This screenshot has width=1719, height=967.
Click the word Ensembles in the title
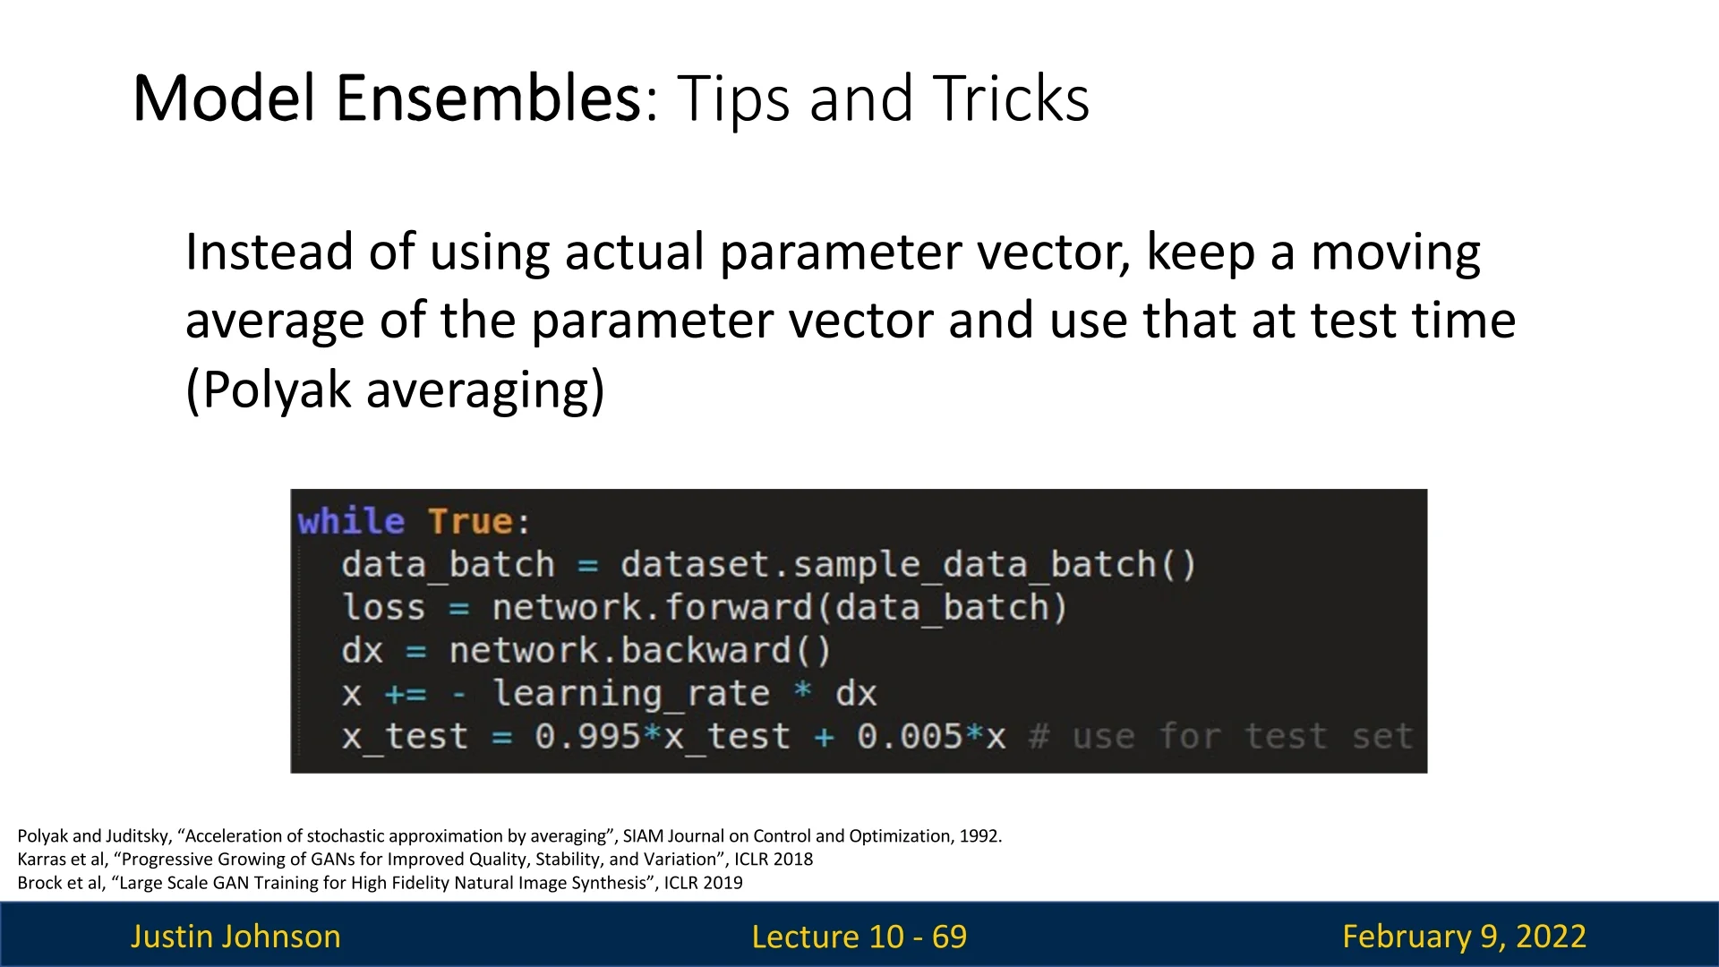pyautogui.click(x=489, y=98)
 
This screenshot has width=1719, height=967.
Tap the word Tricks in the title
pyautogui.click(x=1011, y=98)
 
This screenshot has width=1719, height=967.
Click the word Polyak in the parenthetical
pyautogui.click(x=268, y=390)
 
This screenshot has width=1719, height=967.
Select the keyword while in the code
pyautogui.click(x=351, y=521)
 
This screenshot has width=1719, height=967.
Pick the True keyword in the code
pyautogui.click(x=471, y=521)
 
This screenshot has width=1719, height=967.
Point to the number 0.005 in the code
pyautogui.click(x=910, y=737)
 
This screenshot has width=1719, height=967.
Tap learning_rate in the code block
pyautogui.click(x=631, y=694)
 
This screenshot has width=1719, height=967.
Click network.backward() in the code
pyautogui.click(x=640, y=651)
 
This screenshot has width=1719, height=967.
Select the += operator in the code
pyautogui.click(x=406, y=694)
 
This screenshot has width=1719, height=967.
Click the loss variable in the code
pyautogui.click(x=383, y=608)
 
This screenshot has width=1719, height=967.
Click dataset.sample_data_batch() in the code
pyautogui.click(x=908, y=565)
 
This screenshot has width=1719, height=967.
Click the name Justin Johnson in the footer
pyautogui.click(x=235, y=937)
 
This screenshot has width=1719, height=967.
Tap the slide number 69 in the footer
pyautogui.click(x=949, y=937)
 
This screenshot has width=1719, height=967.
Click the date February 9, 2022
pyautogui.click(x=1464, y=937)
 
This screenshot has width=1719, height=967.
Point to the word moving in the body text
pyautogui.click(x=1396, y=253)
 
